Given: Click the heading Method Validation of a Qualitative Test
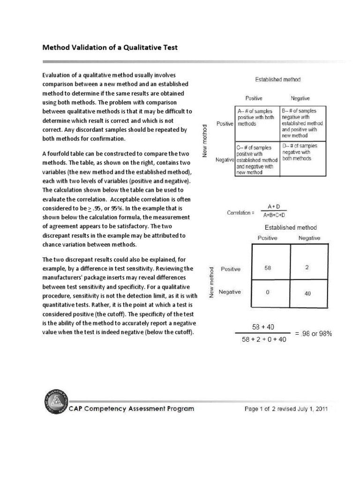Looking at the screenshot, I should [x=110, y=48].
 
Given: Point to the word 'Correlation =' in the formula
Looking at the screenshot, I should [x=240, y=212].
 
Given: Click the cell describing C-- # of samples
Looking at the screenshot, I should [x=256, y=159].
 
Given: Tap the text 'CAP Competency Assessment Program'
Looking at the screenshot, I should [x=132, y=409].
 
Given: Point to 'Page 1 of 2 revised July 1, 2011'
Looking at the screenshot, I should [x=286, y=409].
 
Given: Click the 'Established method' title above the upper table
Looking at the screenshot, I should [x=277, y=80].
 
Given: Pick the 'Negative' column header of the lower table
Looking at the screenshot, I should [x=309, y=238].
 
